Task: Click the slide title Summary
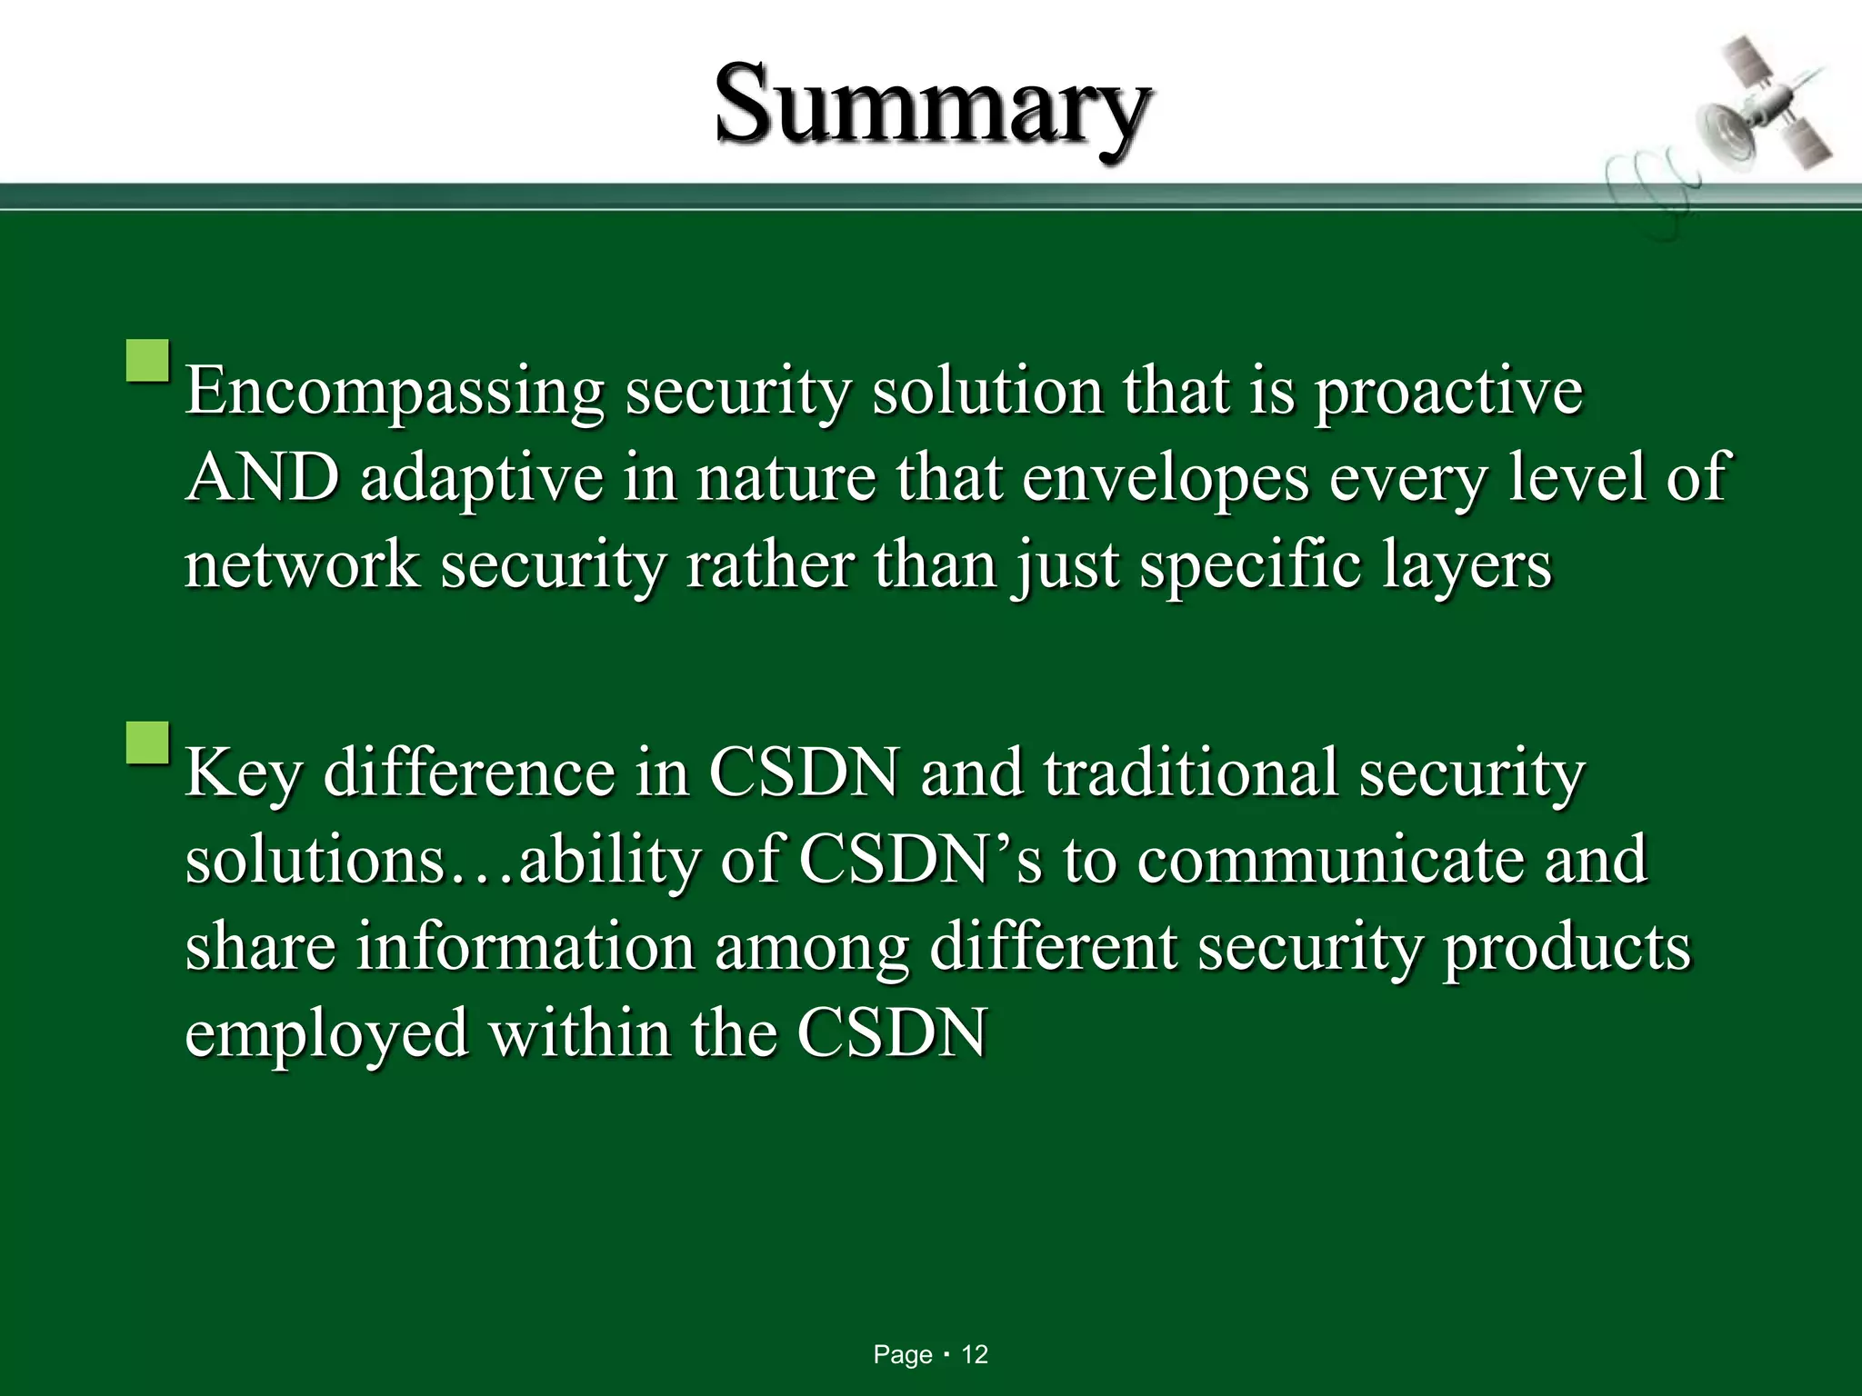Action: [932, 107]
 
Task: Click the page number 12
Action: [975, 1355]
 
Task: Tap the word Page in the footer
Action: [902, 1355]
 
